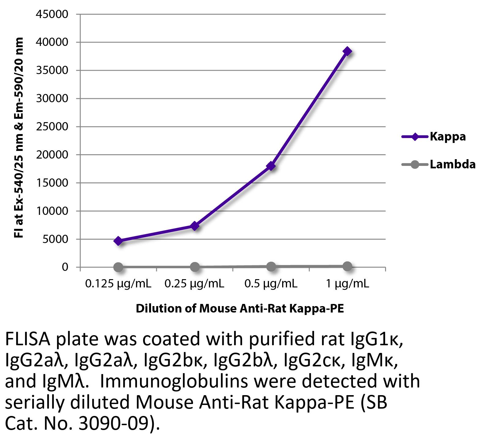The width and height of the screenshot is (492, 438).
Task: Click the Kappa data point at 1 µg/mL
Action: tap(347, 51)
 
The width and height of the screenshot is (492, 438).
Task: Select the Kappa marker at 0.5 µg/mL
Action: tap(271, 166)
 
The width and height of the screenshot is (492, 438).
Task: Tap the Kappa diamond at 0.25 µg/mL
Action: tap(195, 226)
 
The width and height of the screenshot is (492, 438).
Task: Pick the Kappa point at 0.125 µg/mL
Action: tap(118, 241)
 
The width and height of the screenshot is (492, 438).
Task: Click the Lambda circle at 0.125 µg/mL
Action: tap(118, 267)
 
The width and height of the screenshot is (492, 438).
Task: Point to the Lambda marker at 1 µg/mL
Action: tap(347, 266)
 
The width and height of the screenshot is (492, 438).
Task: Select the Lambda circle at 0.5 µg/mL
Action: tap(271, 267)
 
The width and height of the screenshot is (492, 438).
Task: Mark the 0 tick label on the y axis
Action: tap(65, 267)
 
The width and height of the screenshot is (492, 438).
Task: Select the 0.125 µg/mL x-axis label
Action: tap(118, 284)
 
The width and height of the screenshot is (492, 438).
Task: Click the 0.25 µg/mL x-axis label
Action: tap(195, 284)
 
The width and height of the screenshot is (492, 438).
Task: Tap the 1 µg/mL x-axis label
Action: tap(347, 284)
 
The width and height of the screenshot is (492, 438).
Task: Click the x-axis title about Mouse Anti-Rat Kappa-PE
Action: tap(240, 308)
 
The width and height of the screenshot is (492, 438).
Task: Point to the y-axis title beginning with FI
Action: tap(19, 138)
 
